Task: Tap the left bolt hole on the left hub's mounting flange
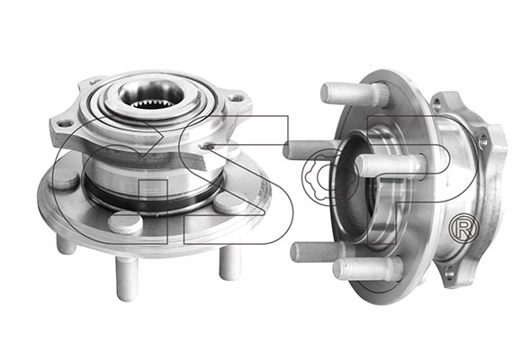tap(65, 124)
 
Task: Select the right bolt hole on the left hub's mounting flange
tap(236, 98)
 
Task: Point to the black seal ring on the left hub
tap(152, 200)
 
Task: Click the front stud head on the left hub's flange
tap(125, 223)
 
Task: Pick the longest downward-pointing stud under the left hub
tap(126, 278)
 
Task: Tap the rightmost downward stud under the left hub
tap(229, 263)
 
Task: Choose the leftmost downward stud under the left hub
tap(66, 245)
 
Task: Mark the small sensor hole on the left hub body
tap(207, 147)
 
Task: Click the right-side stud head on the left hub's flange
tap(229, 205)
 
